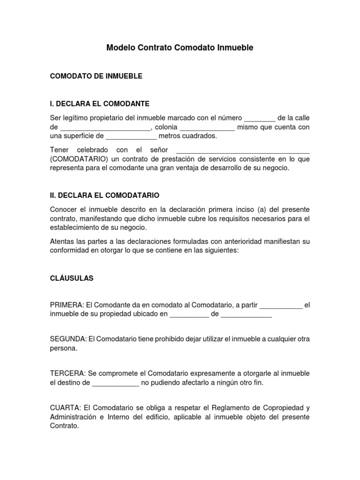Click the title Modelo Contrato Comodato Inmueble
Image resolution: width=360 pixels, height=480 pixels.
click(180, 48)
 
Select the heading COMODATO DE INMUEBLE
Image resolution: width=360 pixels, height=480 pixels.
click(96, 75)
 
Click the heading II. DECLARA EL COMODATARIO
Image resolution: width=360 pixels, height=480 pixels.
click(105, 195)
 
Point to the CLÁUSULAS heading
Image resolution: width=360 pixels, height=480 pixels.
click(72, 278)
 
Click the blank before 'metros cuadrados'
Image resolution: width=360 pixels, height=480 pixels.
click(131, 137)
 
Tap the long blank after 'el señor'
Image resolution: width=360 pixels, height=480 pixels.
click(243, 150)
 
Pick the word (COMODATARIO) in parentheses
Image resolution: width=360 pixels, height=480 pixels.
click(77, 159)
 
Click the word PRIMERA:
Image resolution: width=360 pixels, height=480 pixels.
click(67, 306)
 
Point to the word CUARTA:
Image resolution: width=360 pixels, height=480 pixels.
click(66, 407)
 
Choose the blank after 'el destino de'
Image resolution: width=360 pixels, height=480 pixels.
click(115, 383)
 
